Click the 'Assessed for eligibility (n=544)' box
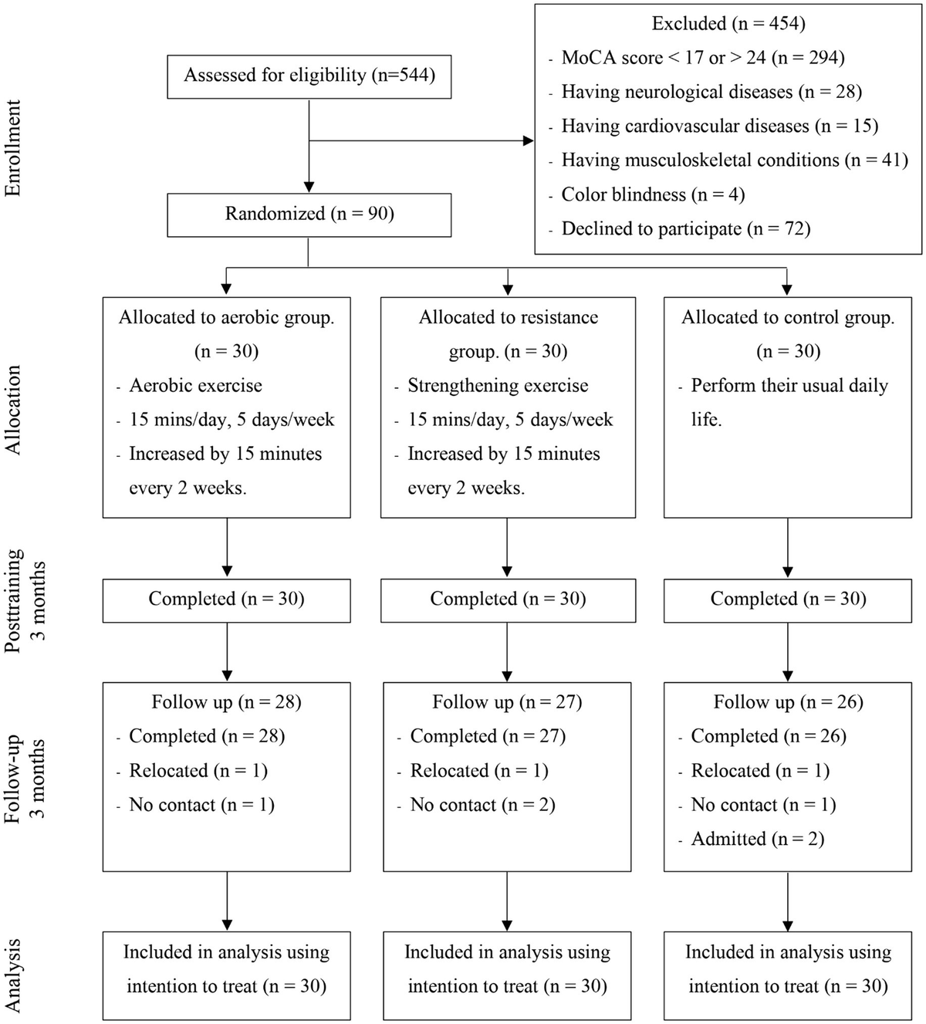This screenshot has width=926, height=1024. click(309, 75)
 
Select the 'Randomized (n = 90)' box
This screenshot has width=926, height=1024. click(309, 214)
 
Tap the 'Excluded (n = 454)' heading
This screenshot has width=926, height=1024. click(728, 23)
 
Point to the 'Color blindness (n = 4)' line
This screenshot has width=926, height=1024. click(652, 194)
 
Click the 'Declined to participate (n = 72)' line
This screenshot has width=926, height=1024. click(685, 228)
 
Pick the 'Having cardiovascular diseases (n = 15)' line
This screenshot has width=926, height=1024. click(719, 126)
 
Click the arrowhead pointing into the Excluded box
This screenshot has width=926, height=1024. click(529, 140)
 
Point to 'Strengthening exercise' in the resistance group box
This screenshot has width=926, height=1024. click(498, 386)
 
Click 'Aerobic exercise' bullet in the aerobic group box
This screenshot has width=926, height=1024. click(195, 386)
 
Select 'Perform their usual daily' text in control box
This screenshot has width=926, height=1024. click(789, 386)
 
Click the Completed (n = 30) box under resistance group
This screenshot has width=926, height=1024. click(508, 599)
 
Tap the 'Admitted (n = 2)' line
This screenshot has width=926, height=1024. click(757, 839)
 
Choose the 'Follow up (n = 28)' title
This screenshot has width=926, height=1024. click(226, 702)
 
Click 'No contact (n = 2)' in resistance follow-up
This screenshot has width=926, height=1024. click(482, 805)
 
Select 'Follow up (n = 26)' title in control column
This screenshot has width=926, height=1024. click(788, 702)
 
